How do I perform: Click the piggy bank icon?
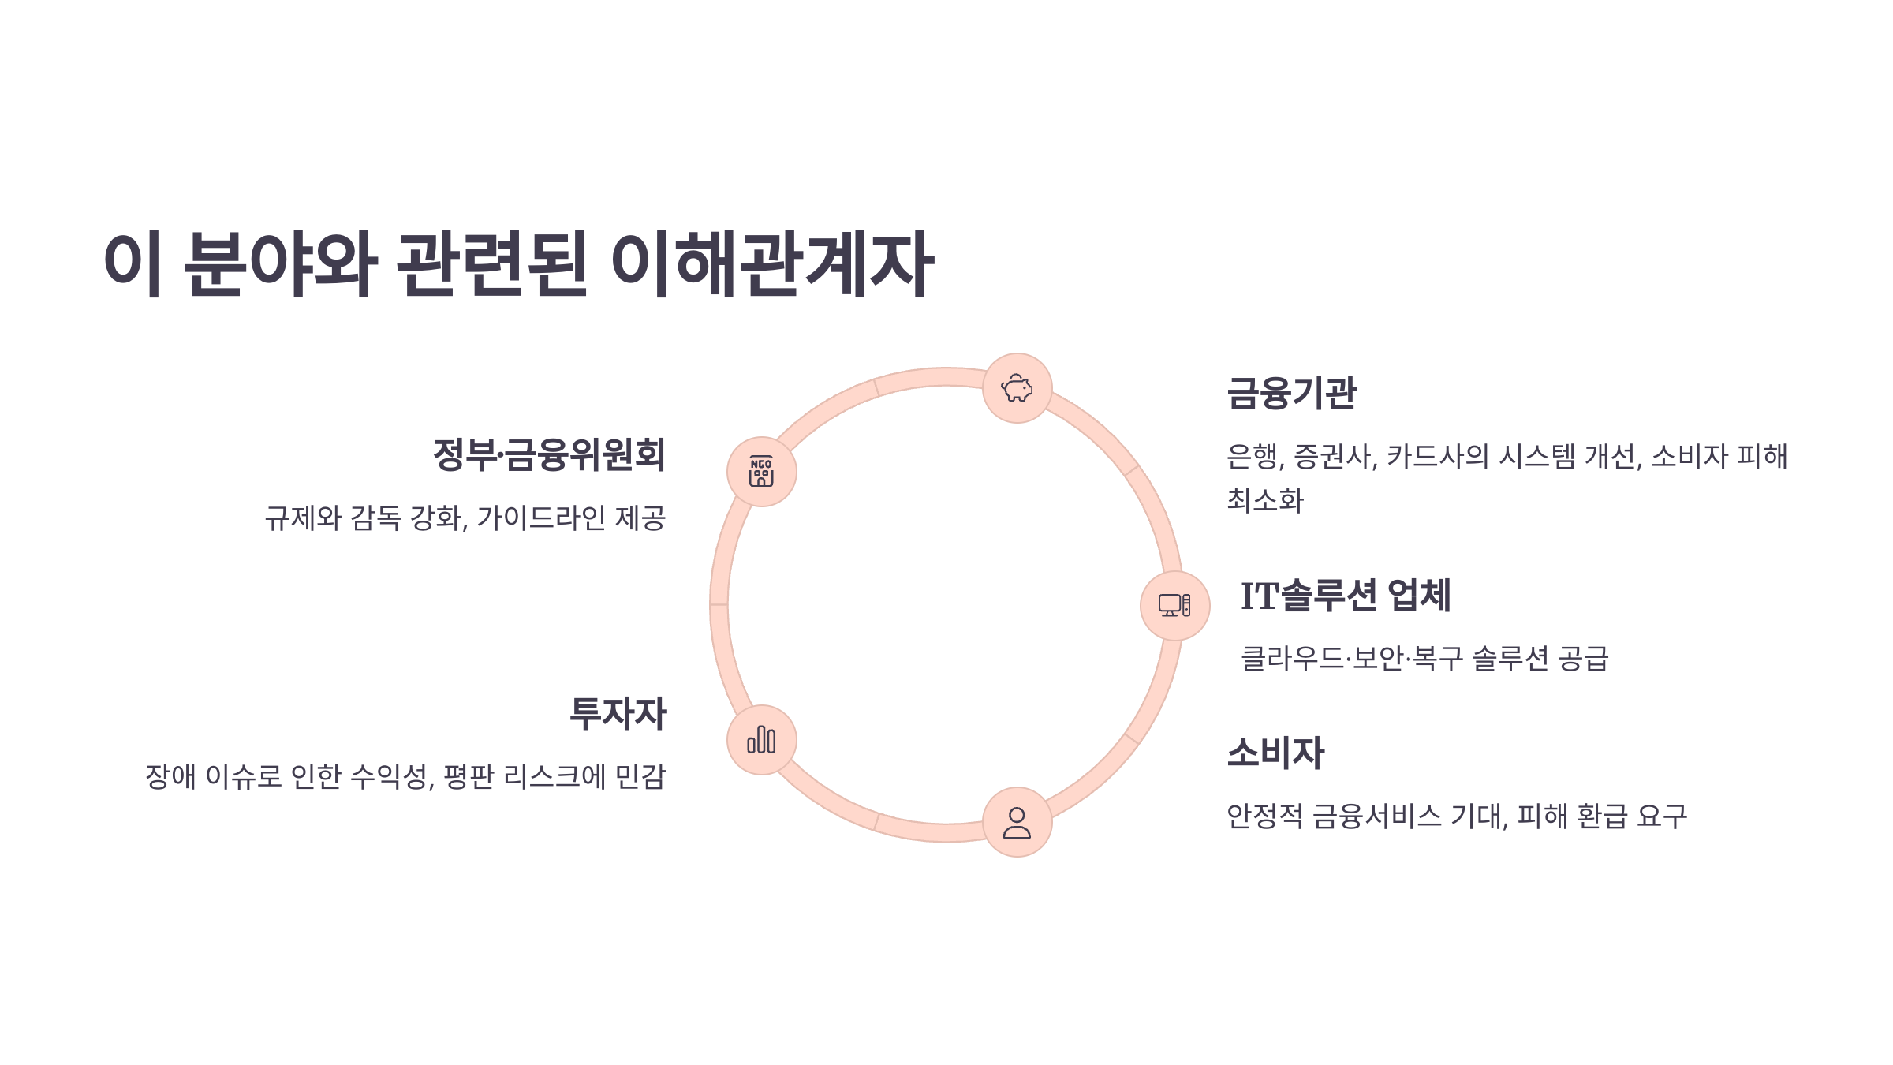(1017, 388)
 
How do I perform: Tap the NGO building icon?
(761, 472)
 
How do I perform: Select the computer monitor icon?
(1174, 606)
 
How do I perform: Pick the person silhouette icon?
(1017, 822)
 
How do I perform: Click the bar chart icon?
(761, 740)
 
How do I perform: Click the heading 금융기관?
(1291, 393)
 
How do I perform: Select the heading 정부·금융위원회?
(549, 454)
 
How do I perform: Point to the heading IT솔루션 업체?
(1345, 596)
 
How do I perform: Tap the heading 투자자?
(618, 713)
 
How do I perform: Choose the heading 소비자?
(1275, 753)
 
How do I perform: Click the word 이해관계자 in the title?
(772, 264)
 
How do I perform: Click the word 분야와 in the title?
(280, 264)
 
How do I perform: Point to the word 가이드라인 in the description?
(541, 518)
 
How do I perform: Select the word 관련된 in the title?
(491, 264)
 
